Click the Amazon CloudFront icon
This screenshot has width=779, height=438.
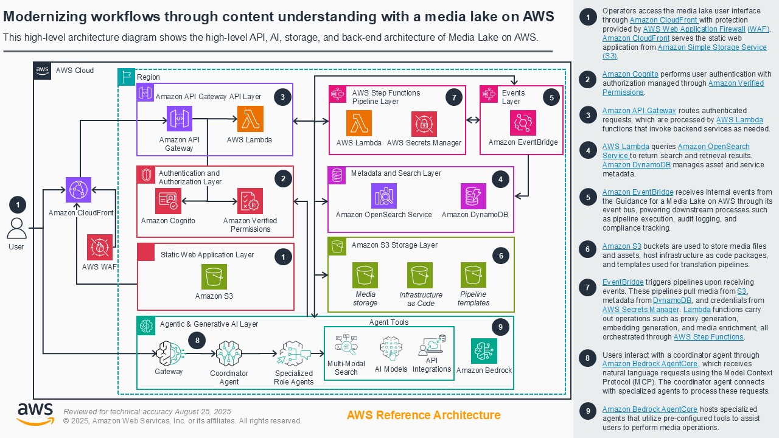click(79, 190)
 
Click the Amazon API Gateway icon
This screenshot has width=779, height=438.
click(180, 119)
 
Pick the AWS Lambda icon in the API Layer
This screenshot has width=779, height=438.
click(250, 119)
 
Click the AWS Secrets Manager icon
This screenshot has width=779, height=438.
click(424, 123)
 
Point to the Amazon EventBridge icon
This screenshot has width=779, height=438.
click(523, 123)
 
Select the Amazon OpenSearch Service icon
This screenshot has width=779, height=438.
click(383, 195)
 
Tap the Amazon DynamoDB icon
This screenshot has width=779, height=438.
click(473, 195)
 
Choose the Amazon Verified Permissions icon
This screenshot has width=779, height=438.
click(250, 201)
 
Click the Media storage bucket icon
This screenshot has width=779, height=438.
click(365, 275)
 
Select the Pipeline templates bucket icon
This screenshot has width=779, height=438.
click(473, 275)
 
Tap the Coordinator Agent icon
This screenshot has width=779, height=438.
click(229, 353)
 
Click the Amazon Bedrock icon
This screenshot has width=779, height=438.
click(484, 351)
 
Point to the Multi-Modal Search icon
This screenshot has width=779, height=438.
click(346, 346)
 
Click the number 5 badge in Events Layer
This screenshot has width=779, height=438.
click(551, 97)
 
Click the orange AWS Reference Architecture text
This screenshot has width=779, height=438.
click(424, 415)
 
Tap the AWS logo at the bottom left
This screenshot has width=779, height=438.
click(35, 414)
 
